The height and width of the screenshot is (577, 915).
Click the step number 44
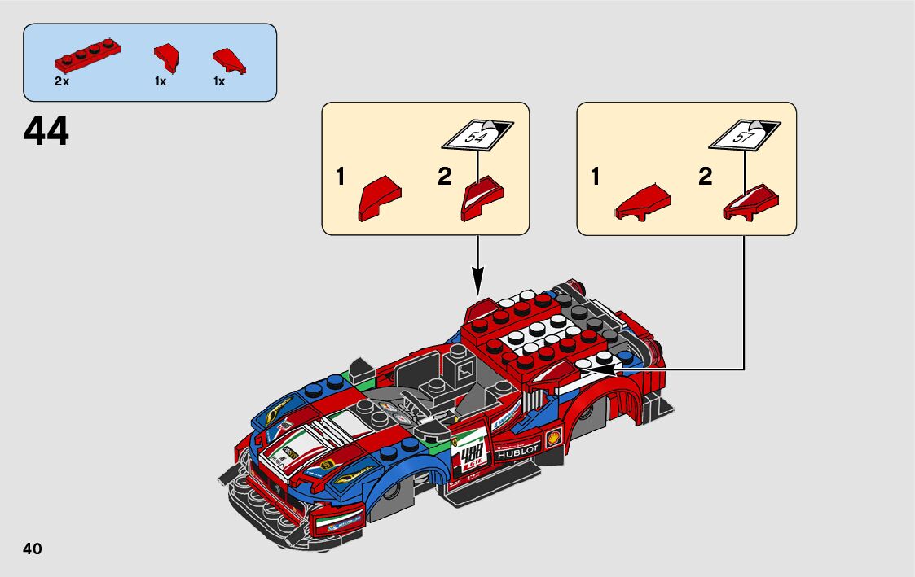coord(46,131)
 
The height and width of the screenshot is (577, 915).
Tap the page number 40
coord(33,549)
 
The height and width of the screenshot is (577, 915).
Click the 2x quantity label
coord(62,81)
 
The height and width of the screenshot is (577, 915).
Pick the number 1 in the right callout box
coord(596,177)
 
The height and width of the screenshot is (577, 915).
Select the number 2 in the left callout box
coord(444,177)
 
